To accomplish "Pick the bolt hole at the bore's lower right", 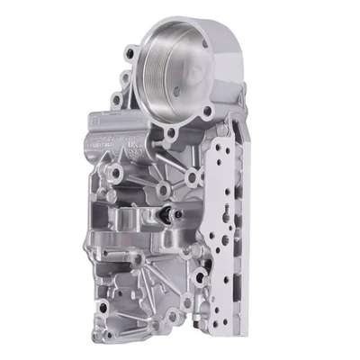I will click(x=208, y=112).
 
